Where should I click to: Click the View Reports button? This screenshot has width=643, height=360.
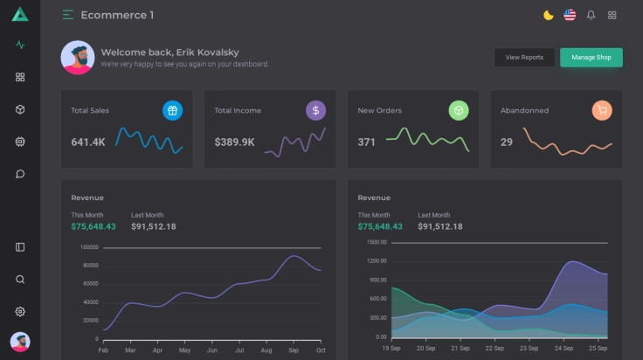coord(524,58)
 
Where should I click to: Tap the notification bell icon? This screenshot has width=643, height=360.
coord(591,15)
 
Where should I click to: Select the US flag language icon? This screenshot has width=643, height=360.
coord(570,15)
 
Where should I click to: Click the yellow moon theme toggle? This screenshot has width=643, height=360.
coord(549,15)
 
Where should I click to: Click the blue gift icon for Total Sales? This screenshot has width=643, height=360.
coord(172,110)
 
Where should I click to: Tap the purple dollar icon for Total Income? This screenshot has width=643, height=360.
coord(315,110)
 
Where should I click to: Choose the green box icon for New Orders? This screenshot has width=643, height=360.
coord(459,110)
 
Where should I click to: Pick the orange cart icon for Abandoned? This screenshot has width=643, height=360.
coord(601,110)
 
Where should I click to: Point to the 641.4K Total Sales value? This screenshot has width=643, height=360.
coord(88,142)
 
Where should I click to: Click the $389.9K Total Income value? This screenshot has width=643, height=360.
coord(234,142)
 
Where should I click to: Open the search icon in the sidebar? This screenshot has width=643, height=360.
coord(20,280)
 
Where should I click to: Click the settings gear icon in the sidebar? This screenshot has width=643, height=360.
coord(20,312)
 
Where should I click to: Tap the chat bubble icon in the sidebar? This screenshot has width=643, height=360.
coord(20,174)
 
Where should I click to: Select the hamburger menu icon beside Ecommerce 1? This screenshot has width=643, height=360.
coord(68,15)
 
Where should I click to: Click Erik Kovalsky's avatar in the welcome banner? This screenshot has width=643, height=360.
coord(78,58)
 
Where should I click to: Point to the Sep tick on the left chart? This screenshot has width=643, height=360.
coord(293,350)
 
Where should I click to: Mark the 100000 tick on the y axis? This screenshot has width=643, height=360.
coord(89,247)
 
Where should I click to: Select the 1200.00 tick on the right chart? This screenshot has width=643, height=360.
coord(377,261)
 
